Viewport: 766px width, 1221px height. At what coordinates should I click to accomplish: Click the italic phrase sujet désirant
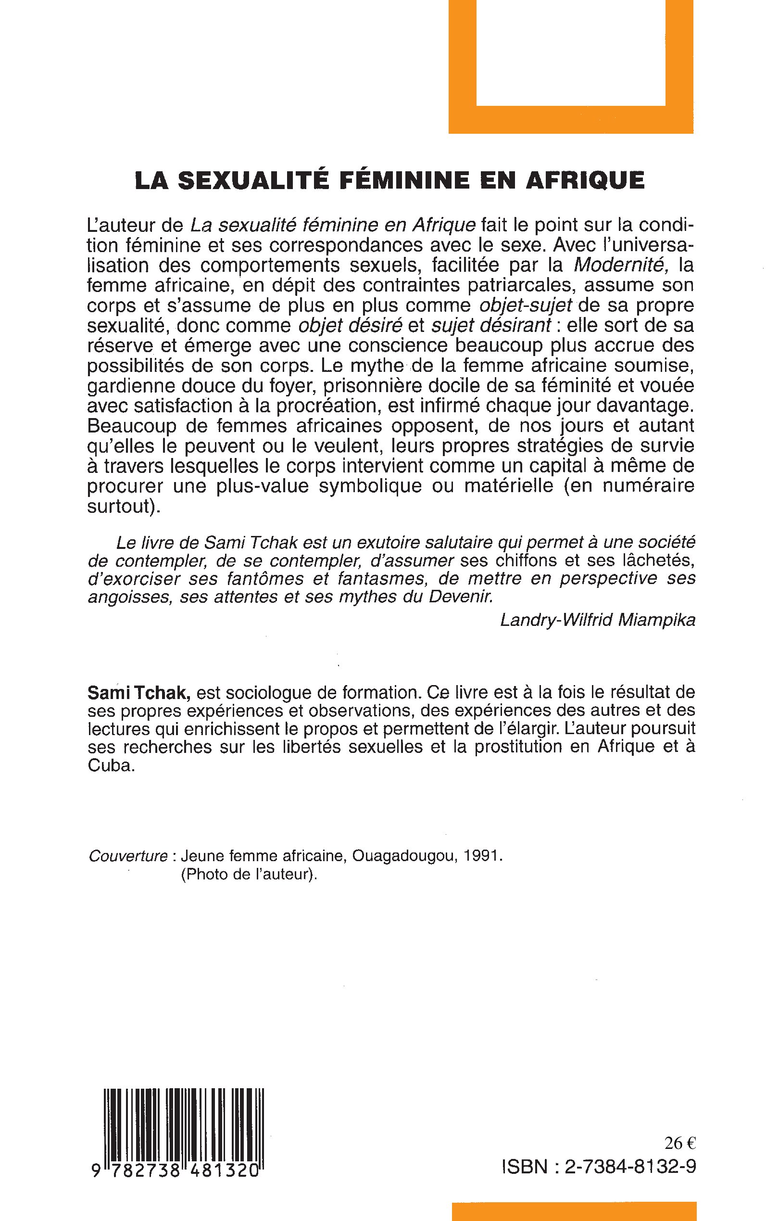click(491, 325)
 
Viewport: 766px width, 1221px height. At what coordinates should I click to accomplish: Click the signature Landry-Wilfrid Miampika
click(597, 619)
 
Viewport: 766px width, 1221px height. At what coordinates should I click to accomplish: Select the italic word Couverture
click(128, 856)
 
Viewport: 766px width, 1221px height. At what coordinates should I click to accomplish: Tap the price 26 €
click(680, 1143)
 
